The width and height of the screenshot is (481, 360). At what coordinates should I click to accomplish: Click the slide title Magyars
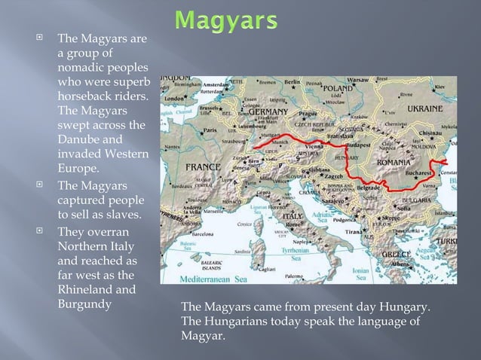222,21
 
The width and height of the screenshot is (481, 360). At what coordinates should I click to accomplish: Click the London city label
175,98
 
